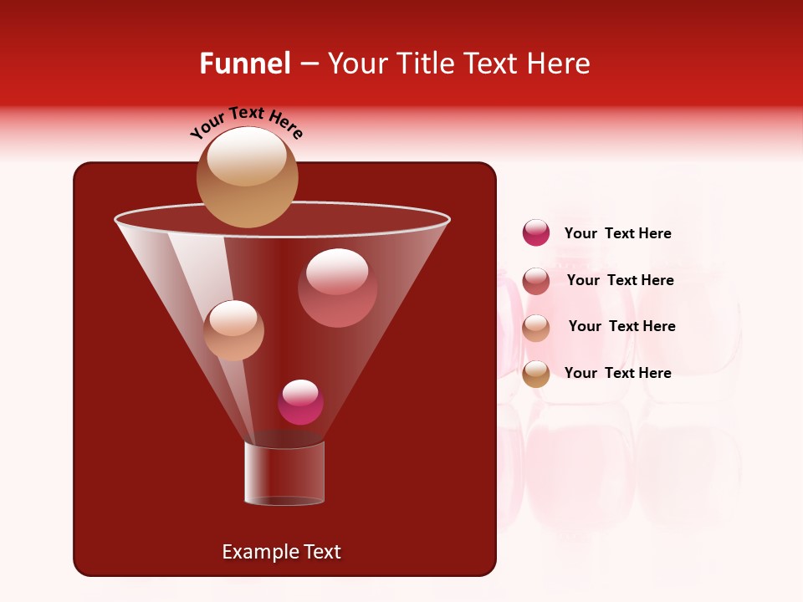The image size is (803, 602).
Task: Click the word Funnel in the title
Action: click(x=244, y=64)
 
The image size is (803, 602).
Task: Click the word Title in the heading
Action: click(x=420, y=64)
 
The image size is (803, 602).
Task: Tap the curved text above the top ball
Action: click(x=247, y=123)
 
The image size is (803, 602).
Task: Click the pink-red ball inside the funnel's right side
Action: click(x=337, y=288)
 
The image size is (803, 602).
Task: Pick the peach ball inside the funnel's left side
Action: click(x=233, y=330)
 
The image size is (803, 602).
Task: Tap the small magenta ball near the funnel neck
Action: click(x=300, y=402)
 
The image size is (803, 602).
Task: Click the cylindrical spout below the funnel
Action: click(x=284, y=473)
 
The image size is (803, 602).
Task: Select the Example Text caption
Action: click(x=281, y=552)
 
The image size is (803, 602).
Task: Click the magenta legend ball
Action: click(x=536, y=233)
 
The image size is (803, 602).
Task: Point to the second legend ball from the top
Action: click(x=536, y=281)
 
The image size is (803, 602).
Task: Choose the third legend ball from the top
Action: click(x=536, y=328)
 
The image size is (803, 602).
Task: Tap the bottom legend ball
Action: click(x=536, y=374)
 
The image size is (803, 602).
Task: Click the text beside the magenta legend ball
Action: click(x=617, y=233)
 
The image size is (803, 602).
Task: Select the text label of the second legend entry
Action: click(x=620, y=280)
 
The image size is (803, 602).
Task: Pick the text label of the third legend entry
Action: click(x=621, y=326)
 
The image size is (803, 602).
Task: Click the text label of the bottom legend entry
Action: click(x=617, y=373)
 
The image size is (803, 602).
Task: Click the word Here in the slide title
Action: click(x=560, y=64)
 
